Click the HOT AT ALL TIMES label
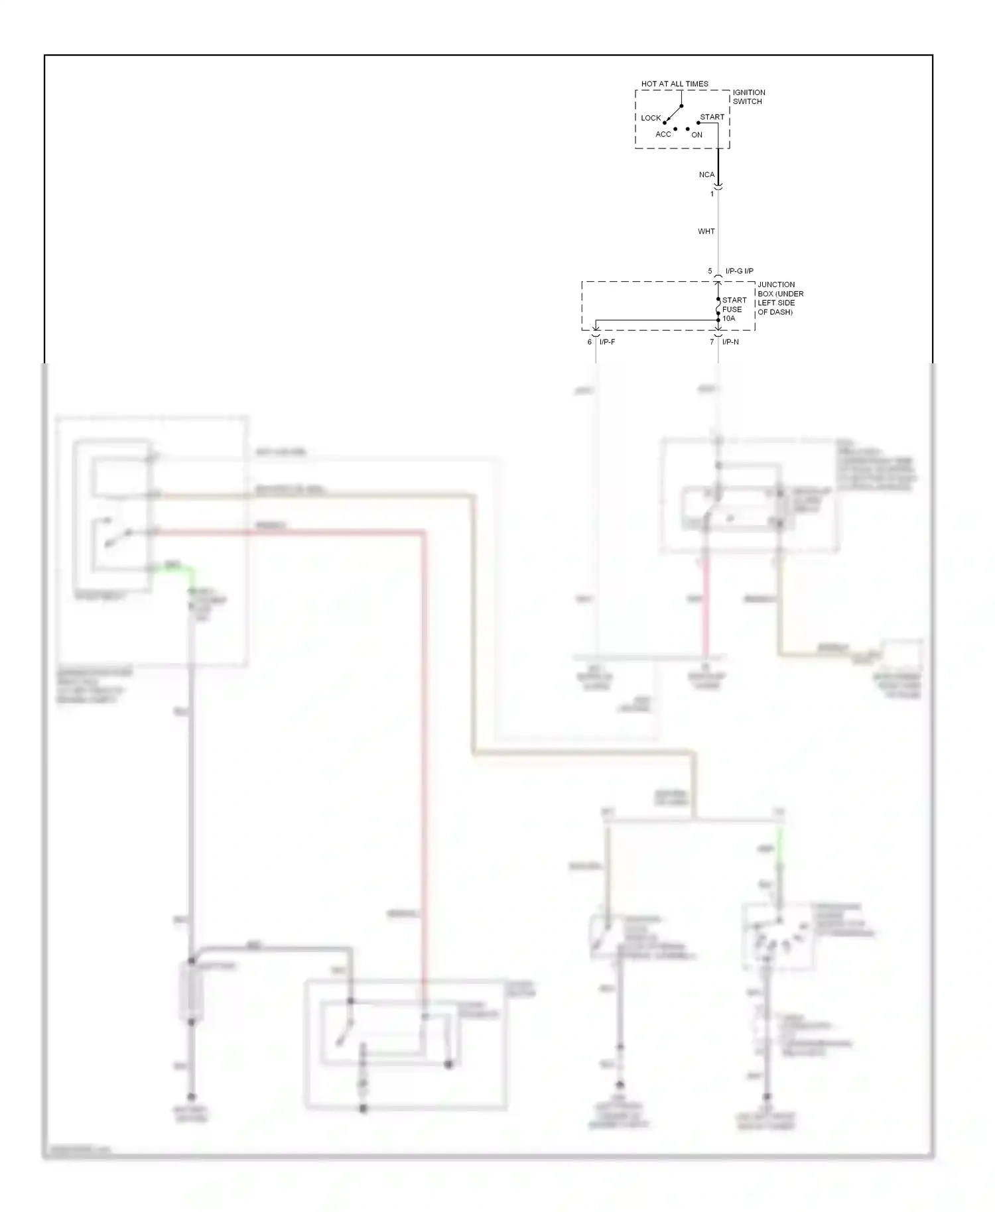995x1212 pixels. (674, 84)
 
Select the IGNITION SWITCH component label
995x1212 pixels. (748, 97)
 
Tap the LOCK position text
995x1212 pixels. (650, 118)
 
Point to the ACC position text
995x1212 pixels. (663, 135)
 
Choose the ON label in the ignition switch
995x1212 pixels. (696, 135)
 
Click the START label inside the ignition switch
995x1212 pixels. (712, 117)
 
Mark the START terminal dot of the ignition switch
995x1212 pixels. (698, 123)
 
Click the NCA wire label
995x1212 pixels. (706, 175)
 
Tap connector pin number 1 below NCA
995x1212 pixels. (712, 194)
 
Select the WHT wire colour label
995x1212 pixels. (706, 231)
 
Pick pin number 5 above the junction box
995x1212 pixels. (710, 271)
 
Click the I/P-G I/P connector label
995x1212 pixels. (739, 271)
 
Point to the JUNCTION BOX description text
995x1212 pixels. (780, 298)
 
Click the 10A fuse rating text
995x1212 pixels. (729, 319)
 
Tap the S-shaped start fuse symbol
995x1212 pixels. (718, 310)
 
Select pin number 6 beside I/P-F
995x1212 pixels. (589, 342)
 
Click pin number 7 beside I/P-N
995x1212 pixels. (712, 342)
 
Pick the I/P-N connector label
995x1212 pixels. (730, 342)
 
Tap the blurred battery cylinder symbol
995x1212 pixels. (191, 992)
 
